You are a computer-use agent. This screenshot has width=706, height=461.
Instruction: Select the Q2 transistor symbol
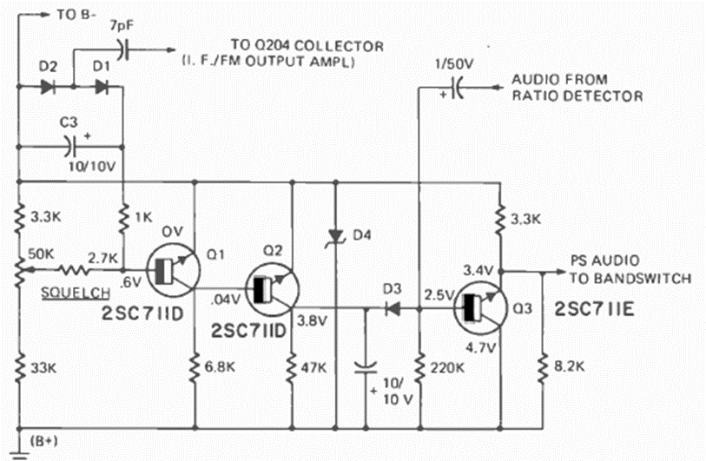coord(268,291)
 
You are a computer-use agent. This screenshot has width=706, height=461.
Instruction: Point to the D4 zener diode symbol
coord(335,235)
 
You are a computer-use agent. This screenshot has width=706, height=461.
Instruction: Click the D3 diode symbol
coord(392,308)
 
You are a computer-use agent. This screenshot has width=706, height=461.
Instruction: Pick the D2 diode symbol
coord(47,87)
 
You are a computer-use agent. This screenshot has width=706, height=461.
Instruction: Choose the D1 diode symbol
coord(102,87)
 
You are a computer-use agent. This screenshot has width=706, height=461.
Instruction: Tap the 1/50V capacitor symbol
coord(455,88)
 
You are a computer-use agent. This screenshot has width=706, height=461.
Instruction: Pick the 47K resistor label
coord(315,366)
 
